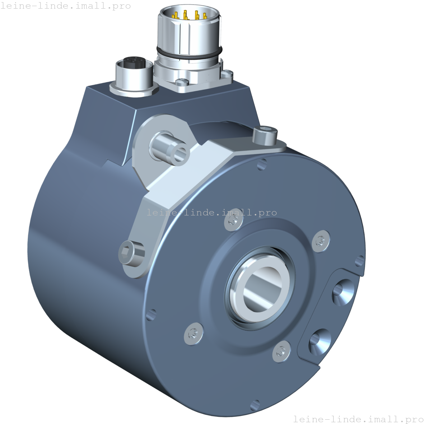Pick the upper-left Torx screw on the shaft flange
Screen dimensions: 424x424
point(230,224)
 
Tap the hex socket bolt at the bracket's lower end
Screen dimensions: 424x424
point(131,252)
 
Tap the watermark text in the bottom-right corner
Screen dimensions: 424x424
point(358,419)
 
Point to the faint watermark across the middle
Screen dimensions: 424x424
point(212,213)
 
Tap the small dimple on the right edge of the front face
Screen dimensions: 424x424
point(359,259)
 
